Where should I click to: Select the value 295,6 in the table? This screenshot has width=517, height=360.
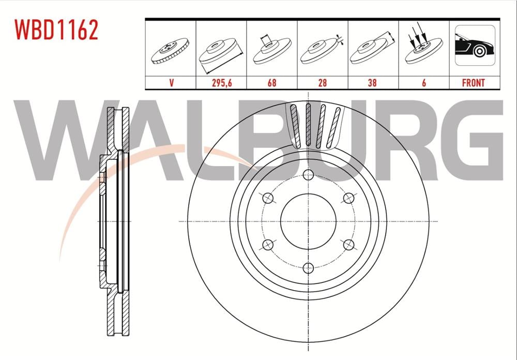221,83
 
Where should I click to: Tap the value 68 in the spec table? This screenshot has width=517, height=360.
271,83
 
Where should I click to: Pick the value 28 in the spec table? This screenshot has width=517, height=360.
322,83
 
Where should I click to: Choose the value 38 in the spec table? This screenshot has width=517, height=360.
372,83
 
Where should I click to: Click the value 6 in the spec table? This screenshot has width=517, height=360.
424,83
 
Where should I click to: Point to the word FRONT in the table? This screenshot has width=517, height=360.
474,83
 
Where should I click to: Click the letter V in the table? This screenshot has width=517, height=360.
170,83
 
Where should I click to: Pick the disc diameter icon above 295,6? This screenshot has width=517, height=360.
221,52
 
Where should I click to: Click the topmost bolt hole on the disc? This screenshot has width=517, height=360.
309,174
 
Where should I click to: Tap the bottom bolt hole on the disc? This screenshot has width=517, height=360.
309,268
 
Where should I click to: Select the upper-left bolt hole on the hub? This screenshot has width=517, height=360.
268,198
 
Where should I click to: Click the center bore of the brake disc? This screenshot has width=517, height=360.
309,221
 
